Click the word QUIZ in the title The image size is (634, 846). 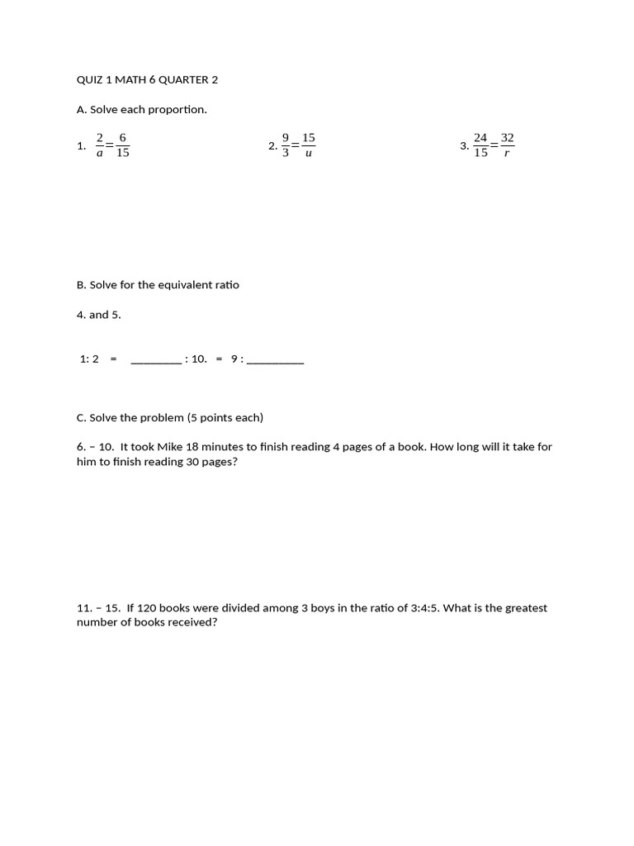click(x=90, y=79)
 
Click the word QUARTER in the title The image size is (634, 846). click(x=182, y=79)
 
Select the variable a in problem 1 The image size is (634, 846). click(x=100, y=154)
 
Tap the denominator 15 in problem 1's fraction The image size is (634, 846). click(x=122, y=153)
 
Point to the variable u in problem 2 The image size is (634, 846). click(x=309, y=154)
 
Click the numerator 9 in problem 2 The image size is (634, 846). click(x=286, y=138)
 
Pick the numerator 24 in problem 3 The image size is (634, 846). click(x=480, y=138)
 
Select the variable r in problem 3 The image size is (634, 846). click(x=506, y=154)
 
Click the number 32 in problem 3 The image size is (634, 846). click(x=507, y=138)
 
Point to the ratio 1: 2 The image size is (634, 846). click(x=89, y=359)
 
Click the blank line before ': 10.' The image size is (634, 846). click(x=156, y=361)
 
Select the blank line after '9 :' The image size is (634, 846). click(x=275, y=361)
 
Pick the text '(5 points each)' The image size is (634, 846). click(x=225, y=417)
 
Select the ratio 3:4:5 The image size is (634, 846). click(x=429, y=608)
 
